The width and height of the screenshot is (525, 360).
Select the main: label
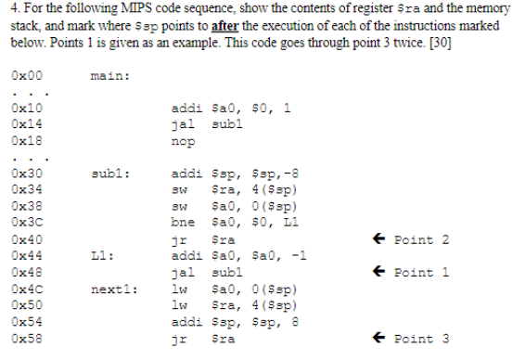(x=110, y=75)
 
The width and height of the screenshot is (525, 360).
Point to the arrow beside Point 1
(x=378, y=272)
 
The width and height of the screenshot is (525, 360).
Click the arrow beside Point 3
(x=378, y=338)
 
